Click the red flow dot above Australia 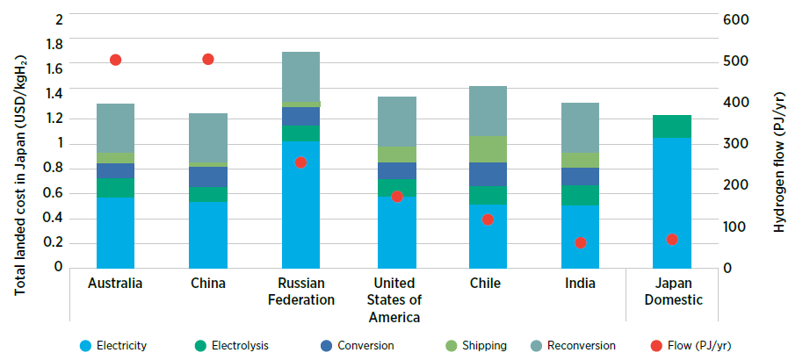pyautogui.click(x=115, y=60)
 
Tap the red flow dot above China pyautogui.click(x=208, y=59)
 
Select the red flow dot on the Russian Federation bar pyautogui.click(x=300, y=162)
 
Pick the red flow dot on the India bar pyautogui.click(x=580, y=242)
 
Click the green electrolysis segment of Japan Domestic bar pyautogui.click(x=672, y=126)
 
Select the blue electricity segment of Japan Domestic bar pyautogui.click(x=672, y=202)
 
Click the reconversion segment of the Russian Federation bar pyautogui.click(x=300, y=76)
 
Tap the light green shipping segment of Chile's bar pyautogui.click(x=487, y=149)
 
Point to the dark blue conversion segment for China pyautogui.click(x=208, y=176)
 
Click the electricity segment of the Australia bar pyautogui.click(x=115, y=232)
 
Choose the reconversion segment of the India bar pyautogui.click(x=580, y=127)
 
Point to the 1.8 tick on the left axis pyautogui.click(x=55, y=44)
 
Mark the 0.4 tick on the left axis pyautogui.click(x=55, y=218)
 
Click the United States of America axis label pyautogui.click(x=393, y=300)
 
